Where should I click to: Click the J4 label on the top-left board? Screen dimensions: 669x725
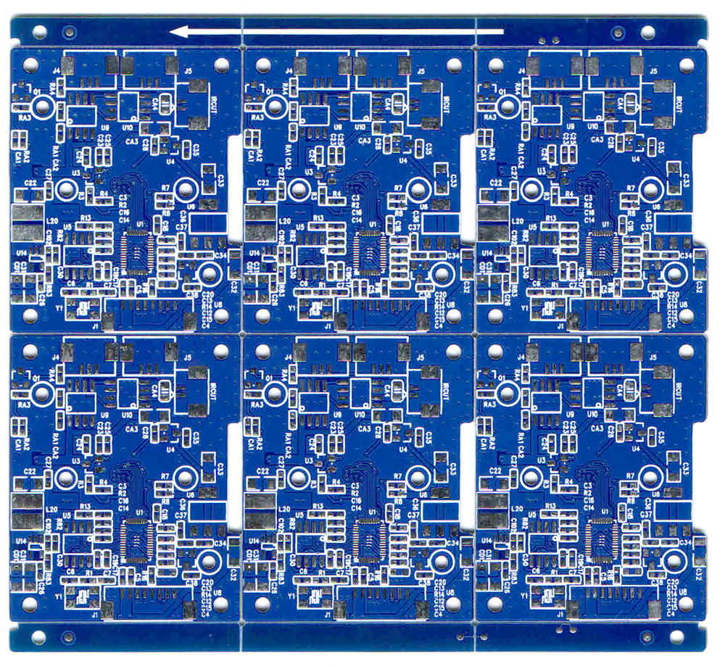coord(57,71)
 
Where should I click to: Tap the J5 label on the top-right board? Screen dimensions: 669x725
coord(653,72)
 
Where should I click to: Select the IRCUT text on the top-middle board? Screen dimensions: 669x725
coord(445,103)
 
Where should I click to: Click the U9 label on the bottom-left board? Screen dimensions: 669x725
coord(104,415)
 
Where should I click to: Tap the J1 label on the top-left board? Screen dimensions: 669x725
coord(95,327)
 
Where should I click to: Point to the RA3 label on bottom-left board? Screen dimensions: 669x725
coord(24,404)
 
